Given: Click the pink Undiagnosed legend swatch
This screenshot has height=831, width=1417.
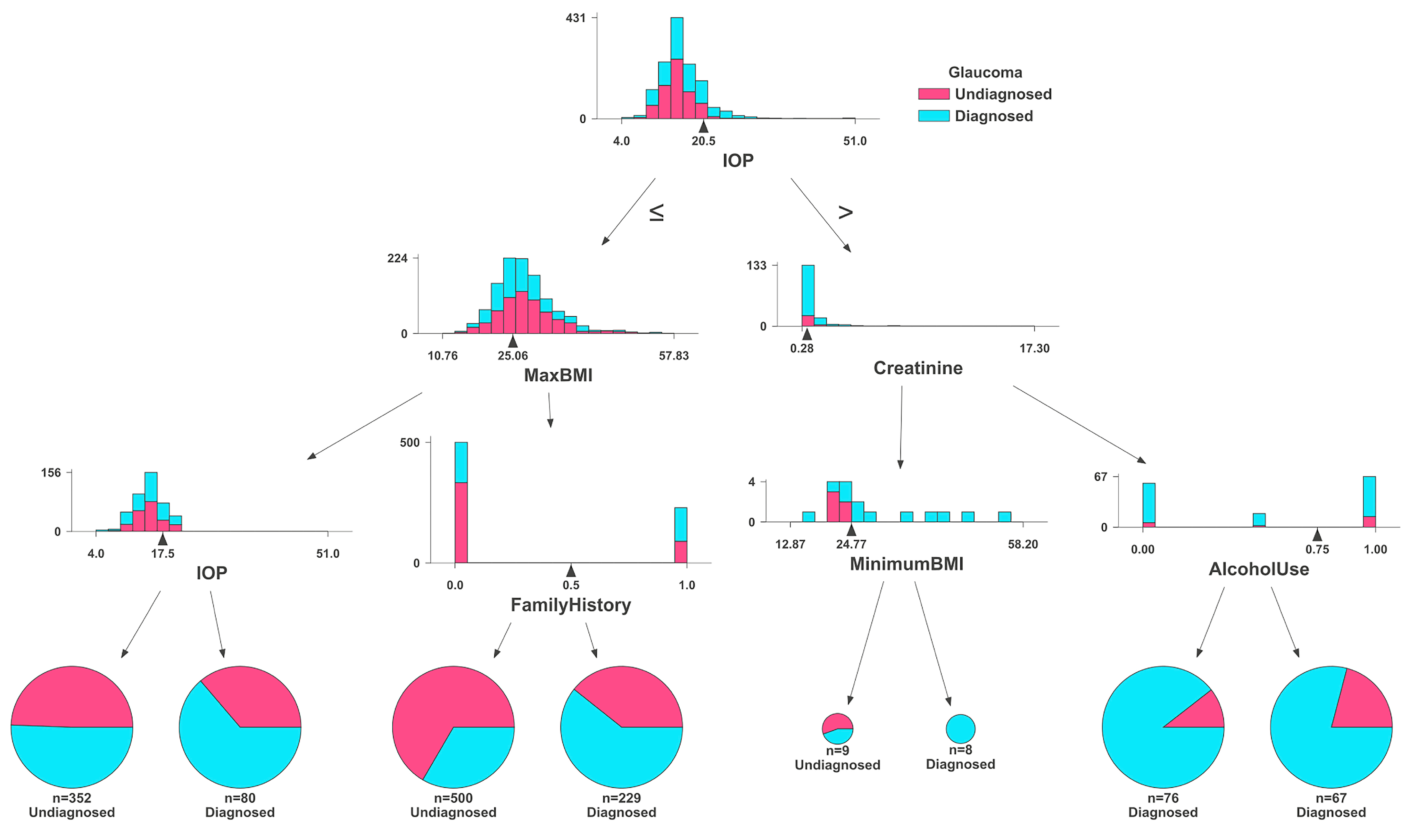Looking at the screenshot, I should [933, 94].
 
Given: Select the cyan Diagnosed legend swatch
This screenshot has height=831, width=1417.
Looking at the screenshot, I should [933, 116].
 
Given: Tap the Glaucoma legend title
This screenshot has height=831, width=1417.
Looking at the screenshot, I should [985, 72].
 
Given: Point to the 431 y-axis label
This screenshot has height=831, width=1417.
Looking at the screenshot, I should [575, 18].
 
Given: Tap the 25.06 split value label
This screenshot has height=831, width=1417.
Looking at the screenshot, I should [512, 356].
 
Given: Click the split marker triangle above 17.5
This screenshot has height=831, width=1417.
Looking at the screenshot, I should [162, 539].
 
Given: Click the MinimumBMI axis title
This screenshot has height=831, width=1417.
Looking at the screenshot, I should [907, 564].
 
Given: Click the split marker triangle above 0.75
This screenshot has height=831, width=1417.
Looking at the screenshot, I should [1317, 535].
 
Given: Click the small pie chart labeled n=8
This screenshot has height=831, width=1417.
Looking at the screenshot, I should [960, 729].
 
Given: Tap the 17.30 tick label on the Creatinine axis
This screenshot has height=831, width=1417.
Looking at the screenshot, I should [1034, 349].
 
